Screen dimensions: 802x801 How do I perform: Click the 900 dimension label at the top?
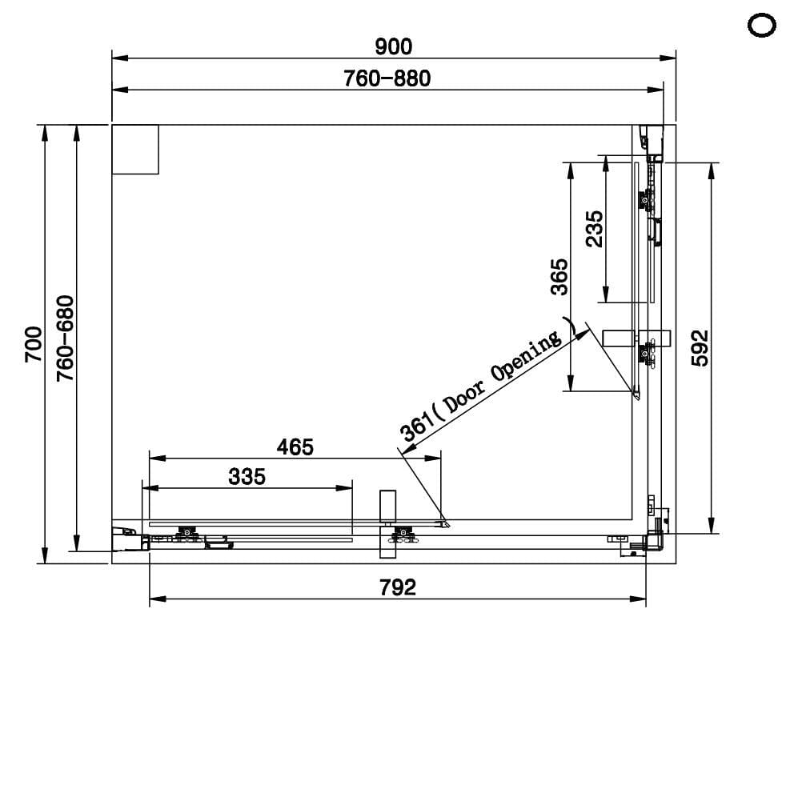coord(393,46)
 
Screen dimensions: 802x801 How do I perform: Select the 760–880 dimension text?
coord(387,78)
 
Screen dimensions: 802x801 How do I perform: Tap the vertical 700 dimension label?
coord(34,344)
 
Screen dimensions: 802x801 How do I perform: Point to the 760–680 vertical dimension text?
coord(66,338)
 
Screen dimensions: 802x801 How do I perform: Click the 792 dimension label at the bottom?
coord(398,587)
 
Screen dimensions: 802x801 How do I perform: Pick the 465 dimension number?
coord(295,447)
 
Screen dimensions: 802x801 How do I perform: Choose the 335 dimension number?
coord(247,476)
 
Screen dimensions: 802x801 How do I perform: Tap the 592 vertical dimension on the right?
coord(700,348)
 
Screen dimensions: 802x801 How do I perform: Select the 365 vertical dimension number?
coord(559,277)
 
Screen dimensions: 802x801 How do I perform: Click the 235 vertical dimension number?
coord(595,229)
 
